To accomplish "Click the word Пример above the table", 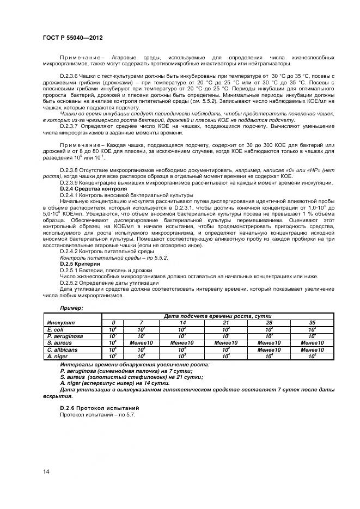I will coord(71,308).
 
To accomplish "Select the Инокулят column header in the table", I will coord(60,322).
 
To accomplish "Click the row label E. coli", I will coord(56,329).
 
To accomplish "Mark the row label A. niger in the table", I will coord(57,355).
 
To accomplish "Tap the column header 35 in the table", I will coord(312,322).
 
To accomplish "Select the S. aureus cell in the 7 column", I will coord(141,342).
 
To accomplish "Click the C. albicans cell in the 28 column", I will coord(269,349).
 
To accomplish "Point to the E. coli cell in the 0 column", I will coord(113,329).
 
